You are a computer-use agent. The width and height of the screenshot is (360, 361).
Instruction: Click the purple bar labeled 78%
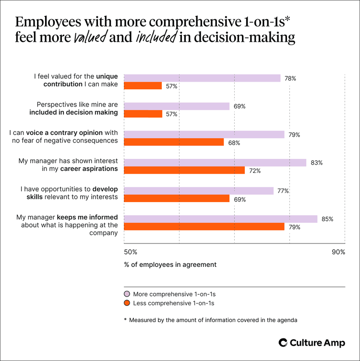pos(202,78)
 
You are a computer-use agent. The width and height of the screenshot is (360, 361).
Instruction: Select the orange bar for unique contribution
pos(143,86)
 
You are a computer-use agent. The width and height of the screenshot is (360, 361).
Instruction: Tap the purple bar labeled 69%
pos(177,106)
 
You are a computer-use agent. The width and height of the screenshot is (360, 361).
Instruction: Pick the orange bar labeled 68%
pos(174,142)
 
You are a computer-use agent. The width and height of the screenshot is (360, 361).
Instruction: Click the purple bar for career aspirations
pos(215,163)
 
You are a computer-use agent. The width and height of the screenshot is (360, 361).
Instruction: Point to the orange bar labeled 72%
pos(184,170)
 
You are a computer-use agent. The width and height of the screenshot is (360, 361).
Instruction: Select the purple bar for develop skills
pos(199,191)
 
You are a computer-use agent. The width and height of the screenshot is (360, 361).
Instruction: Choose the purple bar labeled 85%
pos(221,219)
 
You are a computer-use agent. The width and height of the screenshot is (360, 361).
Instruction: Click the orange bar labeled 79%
pos(204,227)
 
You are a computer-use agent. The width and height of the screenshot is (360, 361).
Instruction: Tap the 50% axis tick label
pos(131,252)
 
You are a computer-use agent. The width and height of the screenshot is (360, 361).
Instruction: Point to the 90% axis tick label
pos(338,252)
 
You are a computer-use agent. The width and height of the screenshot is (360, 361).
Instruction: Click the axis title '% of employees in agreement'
pos(170,265)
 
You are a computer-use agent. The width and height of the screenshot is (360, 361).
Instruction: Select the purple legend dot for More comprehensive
pos(127,294)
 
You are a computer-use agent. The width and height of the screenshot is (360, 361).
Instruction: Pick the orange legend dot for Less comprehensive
pos(127,303)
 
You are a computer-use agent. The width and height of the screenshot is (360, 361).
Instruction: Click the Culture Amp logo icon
pos(283,342)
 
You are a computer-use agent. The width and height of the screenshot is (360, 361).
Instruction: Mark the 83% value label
pos(317,163)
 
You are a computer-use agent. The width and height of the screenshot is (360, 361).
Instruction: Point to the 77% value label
pos(283,191)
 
